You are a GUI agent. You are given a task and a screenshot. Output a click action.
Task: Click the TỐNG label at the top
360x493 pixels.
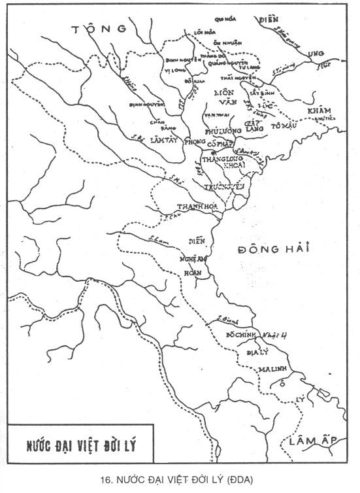101,29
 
